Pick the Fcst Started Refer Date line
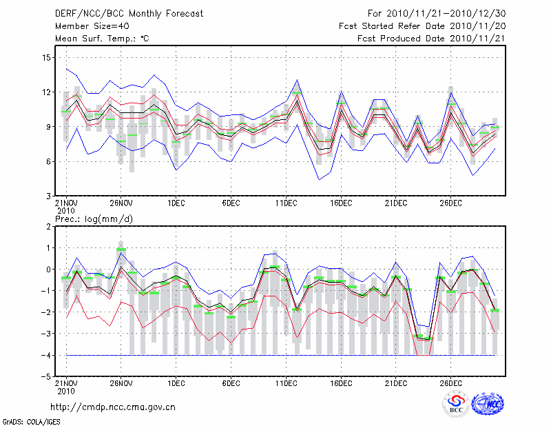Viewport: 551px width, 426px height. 422,26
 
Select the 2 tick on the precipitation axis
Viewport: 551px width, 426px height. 48,226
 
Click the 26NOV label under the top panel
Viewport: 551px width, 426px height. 121,204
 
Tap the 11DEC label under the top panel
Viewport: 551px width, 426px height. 286,204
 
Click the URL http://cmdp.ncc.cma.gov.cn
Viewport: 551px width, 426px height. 113,407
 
